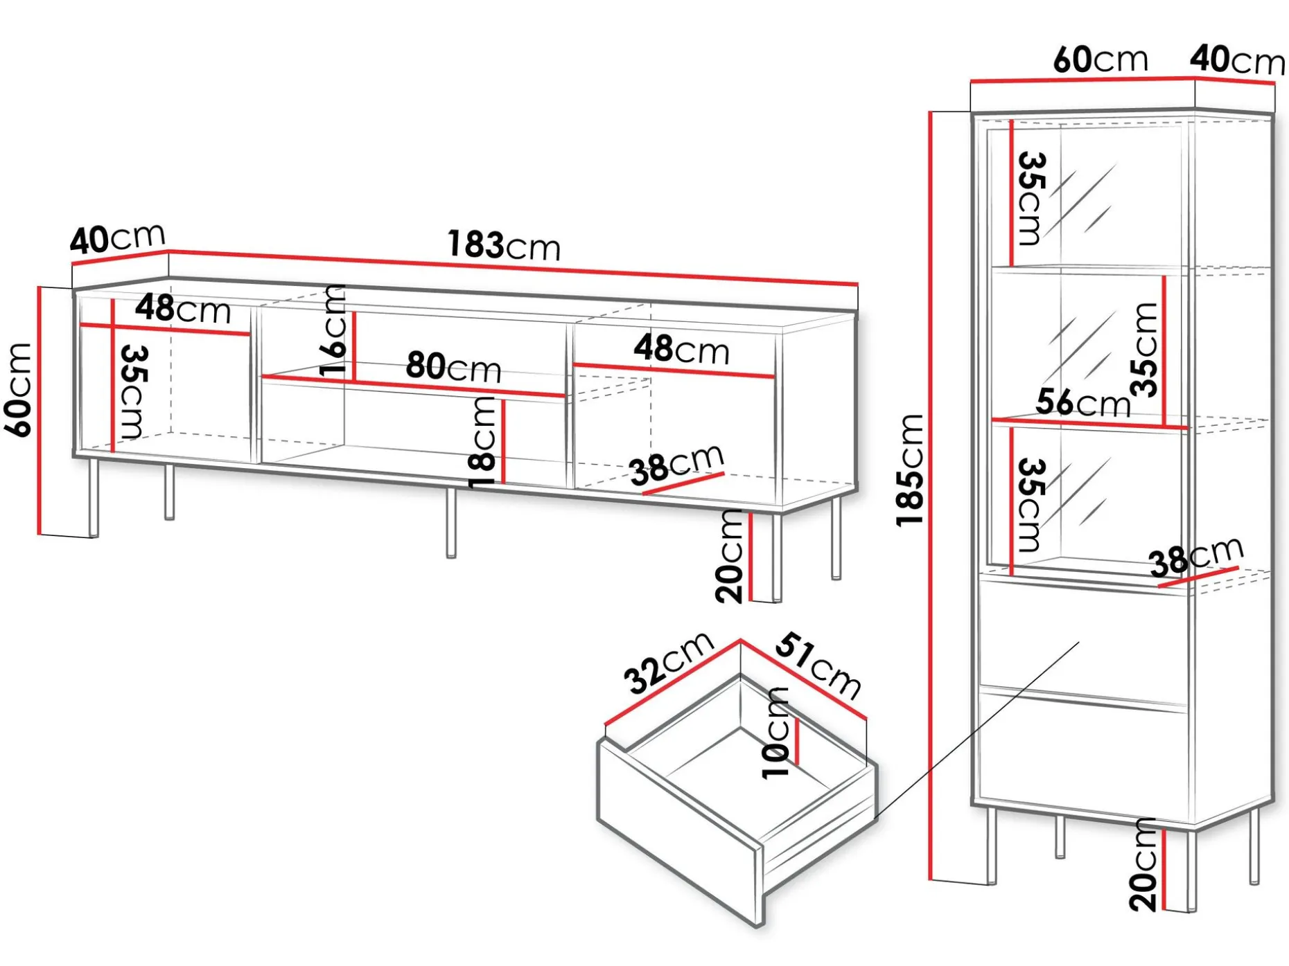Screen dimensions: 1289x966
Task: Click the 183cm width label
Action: [x=504, y=245]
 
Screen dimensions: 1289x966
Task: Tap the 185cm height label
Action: [x=910, y=470]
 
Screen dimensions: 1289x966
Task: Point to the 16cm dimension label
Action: [x=334, y=330]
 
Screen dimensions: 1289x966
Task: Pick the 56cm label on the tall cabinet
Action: [x=1083, y=402]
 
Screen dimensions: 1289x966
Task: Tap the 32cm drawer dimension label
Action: [x=669, y=662]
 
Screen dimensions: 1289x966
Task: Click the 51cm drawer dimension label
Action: [x=818, y=665]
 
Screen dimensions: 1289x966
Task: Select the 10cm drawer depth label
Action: [x=776, y=733]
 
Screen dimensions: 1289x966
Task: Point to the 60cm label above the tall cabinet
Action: [x=1101, y=59]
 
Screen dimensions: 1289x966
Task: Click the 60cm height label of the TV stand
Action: [x=19, y=390]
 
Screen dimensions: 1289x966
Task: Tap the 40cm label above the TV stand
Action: [x=118, y=238]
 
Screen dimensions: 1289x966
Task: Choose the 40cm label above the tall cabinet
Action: [x=1238, y=60]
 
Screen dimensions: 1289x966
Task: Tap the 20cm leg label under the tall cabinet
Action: [x=1143, y=864]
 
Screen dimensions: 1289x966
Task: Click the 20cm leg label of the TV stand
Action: [x=729, y=556]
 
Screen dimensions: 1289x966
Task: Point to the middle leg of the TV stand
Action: [x=451, y=522]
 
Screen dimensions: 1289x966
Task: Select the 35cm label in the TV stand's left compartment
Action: [x=133, y=392]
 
